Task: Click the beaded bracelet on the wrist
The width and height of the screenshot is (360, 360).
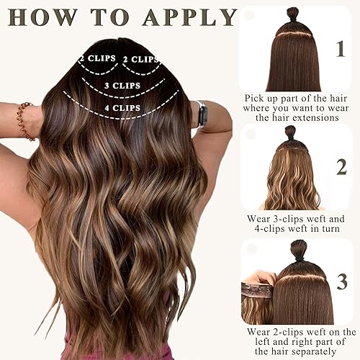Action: coord(27,120)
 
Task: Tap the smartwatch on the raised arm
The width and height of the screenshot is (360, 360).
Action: coord(202,114)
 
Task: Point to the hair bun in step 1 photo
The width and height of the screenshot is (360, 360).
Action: coord(293,14)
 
